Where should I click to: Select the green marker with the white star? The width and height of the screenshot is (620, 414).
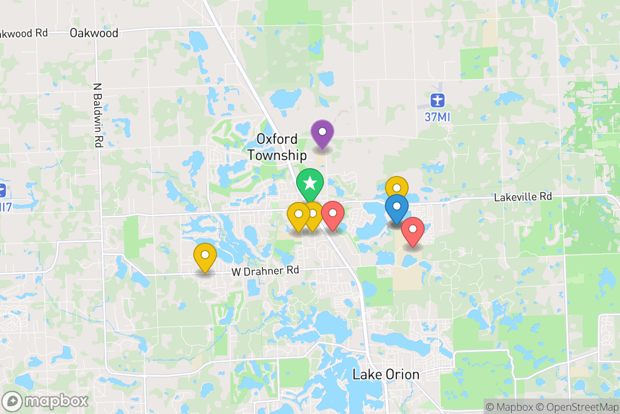click(310, 183)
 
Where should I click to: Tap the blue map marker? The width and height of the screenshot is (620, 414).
click(397, 209)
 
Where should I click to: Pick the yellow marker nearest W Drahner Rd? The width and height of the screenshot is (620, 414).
click(205, 256)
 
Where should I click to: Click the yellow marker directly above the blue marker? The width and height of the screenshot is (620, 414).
click(397, 187)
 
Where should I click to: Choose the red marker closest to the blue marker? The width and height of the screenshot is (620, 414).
click(413, 230)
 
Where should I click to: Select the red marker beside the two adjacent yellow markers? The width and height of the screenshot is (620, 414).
click(333, 214)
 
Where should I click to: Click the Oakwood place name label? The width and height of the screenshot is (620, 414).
click(94, 33)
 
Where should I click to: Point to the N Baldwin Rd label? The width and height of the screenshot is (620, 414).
click(98, 115)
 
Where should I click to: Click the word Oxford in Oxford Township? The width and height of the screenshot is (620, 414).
click(277, 139)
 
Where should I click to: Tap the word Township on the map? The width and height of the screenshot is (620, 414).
click(277, 155)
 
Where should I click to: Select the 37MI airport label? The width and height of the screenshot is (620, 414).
click(438, 117)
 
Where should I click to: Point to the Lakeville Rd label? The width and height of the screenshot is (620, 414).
click(523, 197)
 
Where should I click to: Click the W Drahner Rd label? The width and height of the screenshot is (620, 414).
click(265, 270)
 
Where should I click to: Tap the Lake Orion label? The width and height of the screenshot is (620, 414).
click(386, 374)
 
